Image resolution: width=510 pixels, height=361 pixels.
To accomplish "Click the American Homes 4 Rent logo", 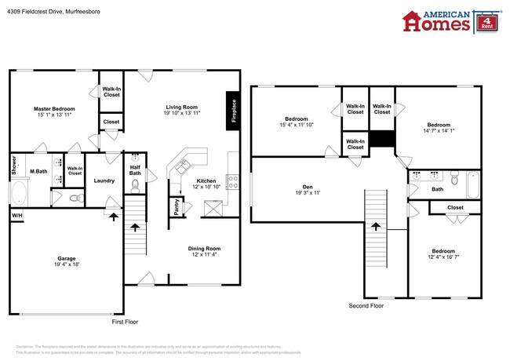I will click(x=450, y=21).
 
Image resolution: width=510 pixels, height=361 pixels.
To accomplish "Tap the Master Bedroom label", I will click(x=54, y=108).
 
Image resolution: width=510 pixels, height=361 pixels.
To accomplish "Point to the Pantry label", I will click(x=174, y=207).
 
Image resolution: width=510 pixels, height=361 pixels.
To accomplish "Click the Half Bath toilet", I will click(x=135, y=185).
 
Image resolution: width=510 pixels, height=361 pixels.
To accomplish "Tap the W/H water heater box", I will click(x=16, y=215).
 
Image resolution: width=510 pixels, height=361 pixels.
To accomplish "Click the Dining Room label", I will click(x=203, y=247).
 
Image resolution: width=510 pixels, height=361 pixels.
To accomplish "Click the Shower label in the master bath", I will click(x=14, y=165).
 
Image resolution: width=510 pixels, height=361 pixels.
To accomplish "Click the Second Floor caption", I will click(x=366, y=306).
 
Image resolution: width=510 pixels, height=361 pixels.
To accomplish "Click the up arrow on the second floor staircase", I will click(x=374, y=228).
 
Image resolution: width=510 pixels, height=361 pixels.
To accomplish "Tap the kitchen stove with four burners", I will click(x=233, y=182).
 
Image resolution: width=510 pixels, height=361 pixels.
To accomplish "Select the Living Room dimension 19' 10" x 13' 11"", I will click(x=181, y=114).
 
